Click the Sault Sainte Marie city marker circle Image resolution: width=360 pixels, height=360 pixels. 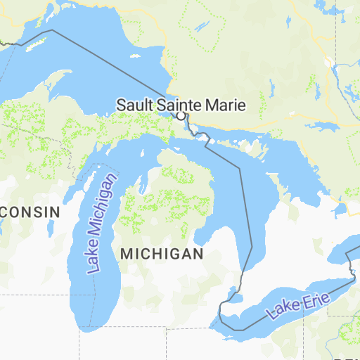[x=181, y=115]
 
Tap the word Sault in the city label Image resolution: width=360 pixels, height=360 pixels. [x=135, y=105]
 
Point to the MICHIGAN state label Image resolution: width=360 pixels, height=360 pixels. [x=162, y=253]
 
